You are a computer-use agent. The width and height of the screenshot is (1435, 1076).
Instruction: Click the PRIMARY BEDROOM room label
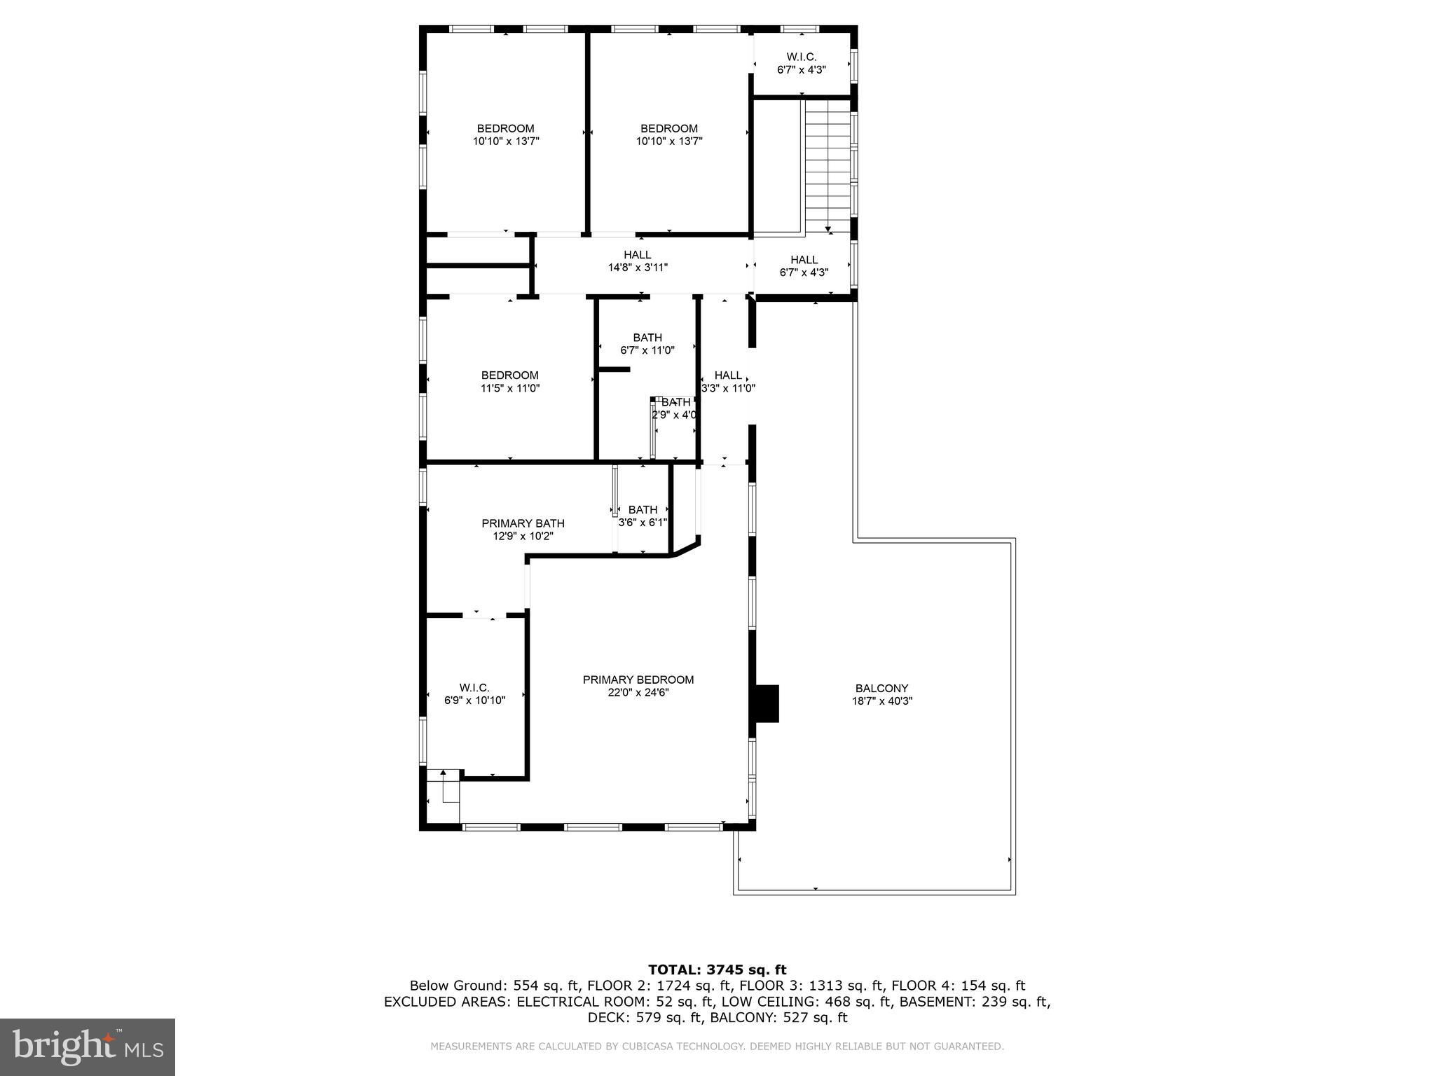(638, 680)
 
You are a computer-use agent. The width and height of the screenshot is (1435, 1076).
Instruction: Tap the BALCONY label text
(881, 689)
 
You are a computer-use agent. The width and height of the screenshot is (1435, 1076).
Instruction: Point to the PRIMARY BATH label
(523, 523)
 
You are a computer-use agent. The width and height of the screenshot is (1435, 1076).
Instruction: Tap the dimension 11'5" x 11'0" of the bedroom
(510, 388)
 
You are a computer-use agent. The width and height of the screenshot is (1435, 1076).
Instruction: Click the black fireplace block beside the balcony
(765, 703)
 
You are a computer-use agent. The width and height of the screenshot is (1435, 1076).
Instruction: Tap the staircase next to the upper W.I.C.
(828, 166)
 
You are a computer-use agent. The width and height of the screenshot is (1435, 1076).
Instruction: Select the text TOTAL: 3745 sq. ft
(717, 970)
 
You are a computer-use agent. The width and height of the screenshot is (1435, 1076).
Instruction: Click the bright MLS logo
(88, 1047)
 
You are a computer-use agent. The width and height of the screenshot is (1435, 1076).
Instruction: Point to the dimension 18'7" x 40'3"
(881, 701)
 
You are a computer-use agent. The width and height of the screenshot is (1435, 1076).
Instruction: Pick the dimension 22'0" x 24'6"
(638, 692)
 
